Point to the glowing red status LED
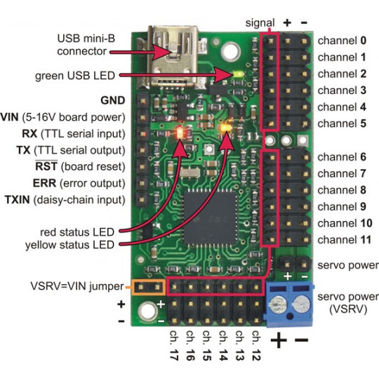[x=182, y=132]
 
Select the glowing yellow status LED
[x=227, y=128]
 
